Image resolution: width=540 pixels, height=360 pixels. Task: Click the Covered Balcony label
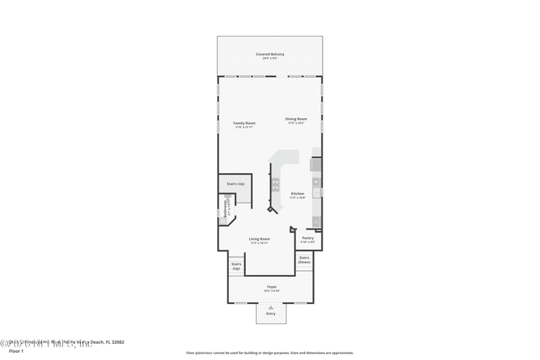coord(269,54)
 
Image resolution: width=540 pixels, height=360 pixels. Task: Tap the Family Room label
coord(244,123)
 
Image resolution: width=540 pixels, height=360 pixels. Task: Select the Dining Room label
coord(296,119)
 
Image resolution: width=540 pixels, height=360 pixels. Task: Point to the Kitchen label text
coord(297,194)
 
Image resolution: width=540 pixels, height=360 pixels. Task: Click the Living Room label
coord(259,238)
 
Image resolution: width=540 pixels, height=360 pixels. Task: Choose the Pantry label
coord(308,238)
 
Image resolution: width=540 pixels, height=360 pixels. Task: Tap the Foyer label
coord(271,286)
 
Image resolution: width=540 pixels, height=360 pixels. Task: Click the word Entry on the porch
coord(271,313)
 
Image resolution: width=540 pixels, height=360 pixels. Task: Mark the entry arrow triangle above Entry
coord(271,307)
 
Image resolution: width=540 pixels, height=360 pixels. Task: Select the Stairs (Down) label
coord(304,259)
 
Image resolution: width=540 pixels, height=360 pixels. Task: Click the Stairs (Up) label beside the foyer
coord(236,266)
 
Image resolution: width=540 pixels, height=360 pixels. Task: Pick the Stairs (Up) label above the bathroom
coord(236,184)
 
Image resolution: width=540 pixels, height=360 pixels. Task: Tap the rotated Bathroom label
coord(225,208)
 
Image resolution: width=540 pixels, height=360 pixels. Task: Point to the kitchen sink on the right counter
coord(316,192)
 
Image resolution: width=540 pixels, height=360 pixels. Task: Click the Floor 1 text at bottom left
coord(16,351)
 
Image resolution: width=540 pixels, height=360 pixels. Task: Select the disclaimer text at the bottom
coord(269,353)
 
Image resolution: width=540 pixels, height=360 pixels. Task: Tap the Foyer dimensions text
coord(271,291)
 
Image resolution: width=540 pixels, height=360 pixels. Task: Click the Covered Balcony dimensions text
coord(269,59)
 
